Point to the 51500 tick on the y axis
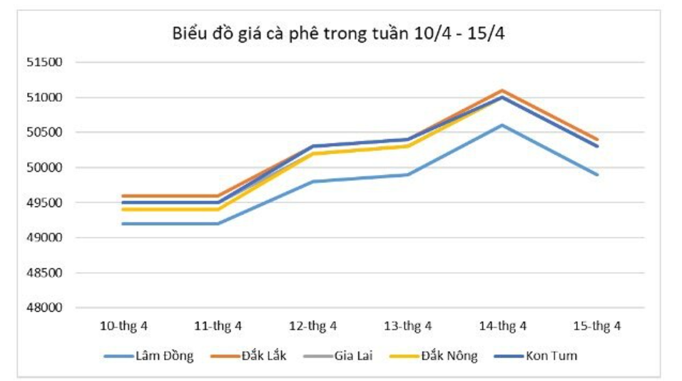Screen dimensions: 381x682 pos(45,62)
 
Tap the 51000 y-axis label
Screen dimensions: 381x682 pos(45,97)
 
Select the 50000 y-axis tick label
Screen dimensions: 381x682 pos(45,167)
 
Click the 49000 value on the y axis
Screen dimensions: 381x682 pos(45,238)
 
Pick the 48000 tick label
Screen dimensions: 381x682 pos(45,308)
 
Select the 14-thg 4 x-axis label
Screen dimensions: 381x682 pos(502,326)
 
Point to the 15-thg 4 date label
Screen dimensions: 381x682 pos(597,326)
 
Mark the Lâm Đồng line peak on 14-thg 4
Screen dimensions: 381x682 pos(502,125)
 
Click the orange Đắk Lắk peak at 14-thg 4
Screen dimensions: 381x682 pos(502,90)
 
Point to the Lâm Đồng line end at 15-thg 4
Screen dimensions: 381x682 pos(597,174)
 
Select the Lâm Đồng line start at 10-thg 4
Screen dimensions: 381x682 pos(123,224)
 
